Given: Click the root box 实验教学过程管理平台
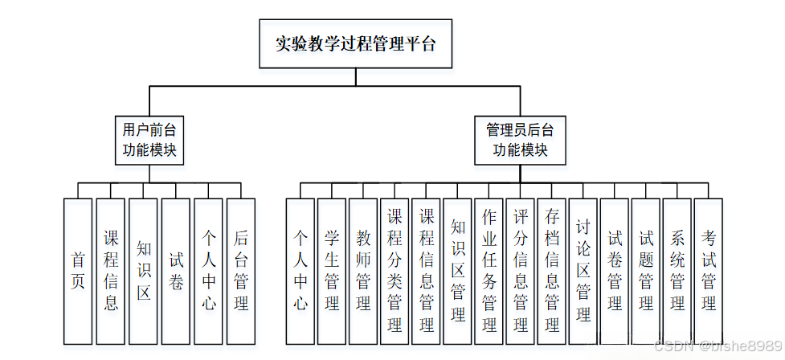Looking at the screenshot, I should pyautogui.click(x=355, y=44).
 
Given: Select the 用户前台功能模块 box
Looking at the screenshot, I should pyautogui.click(x=149, y=140).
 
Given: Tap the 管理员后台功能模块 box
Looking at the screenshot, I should pyautogui.click(x=521, y=140).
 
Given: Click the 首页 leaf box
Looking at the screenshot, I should pyautogui.click(x=78, y=271).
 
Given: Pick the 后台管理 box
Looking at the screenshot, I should pyautogui.click(x=240, y=271).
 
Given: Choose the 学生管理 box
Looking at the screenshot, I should pyautogui.click(x=332, y=271).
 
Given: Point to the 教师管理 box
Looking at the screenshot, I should pyautogui.click(x=363, y=271).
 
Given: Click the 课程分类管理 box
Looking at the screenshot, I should pyautogui.click(x=395, y=271).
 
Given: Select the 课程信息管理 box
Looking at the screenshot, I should pyautogui.click(x=426, y=271).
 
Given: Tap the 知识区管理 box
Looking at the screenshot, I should pyautogui.click(x=457, y=271).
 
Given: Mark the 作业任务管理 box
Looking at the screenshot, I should pyautogui.click(x=489, y=271).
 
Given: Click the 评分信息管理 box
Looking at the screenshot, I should pyautogui.click(x=520, y=271).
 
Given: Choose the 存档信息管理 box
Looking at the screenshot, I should pyautogui.click(x=551, y=271).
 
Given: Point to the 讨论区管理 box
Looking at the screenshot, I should pyautogui.click(x=583, y=271).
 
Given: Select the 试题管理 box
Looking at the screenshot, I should pyautogui.click(x=645, y=271).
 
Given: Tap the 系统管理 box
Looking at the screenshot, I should pyautogui.click(x=677, y=271).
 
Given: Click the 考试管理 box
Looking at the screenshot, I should pyautogui.click(x=708, y=271).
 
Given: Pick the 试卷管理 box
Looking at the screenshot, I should pyautogui.click(x=614, y=271).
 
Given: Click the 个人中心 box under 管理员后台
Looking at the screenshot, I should pyautogui.click(x=301, y=271).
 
